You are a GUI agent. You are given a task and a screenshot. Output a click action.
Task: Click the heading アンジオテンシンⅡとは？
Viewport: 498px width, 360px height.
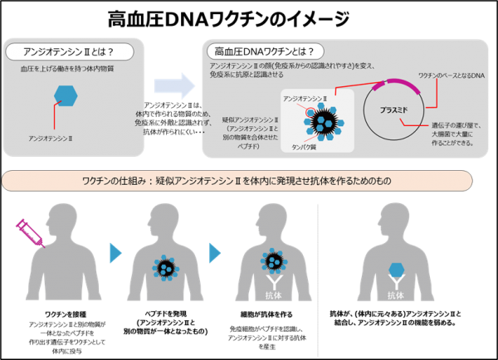pos(72,52)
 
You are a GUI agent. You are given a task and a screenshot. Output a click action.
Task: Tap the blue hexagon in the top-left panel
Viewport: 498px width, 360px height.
pos(66,96)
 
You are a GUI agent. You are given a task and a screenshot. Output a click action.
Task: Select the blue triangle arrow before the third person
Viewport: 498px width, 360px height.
pos(215,252)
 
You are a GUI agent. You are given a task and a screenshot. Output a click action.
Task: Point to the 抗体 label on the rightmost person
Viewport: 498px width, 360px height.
pos(398,295)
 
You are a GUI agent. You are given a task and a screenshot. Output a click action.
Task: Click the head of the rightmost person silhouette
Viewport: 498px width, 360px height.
pos(398,218)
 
